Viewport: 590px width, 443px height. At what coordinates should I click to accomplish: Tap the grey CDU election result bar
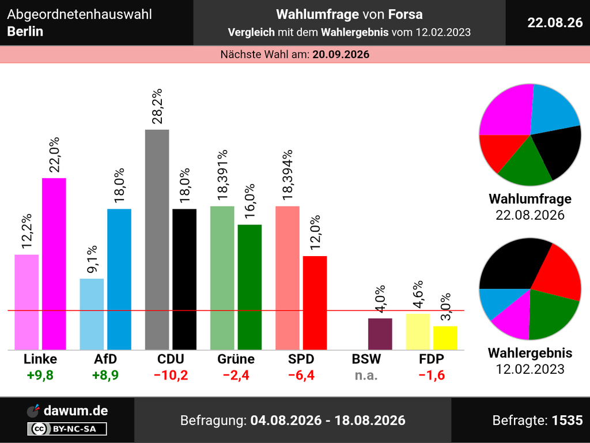click(157, 239)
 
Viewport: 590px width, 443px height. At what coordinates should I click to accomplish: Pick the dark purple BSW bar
click(380, 334)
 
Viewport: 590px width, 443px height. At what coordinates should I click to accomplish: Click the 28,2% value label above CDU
click(157, 106)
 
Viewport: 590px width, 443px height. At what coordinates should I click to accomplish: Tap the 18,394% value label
click(288, 175)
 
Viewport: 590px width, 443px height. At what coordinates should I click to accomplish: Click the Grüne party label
click(236, 359)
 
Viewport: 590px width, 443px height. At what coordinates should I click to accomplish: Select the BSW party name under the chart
click(366, 359)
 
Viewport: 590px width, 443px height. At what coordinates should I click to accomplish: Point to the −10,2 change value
click(171, 375)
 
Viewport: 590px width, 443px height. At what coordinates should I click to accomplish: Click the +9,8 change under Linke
click(40, 375)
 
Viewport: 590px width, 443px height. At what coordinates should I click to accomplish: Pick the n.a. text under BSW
click(366, 376)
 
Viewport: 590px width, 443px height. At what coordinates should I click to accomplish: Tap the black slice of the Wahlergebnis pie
click(512, 265)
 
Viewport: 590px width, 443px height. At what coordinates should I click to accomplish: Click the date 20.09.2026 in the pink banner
click(341, 55)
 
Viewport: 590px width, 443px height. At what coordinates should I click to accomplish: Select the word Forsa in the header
click(405, 14)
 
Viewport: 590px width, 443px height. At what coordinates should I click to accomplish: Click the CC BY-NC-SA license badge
click(67, 429)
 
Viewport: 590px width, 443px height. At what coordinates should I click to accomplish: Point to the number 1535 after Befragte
click(567, 420)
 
